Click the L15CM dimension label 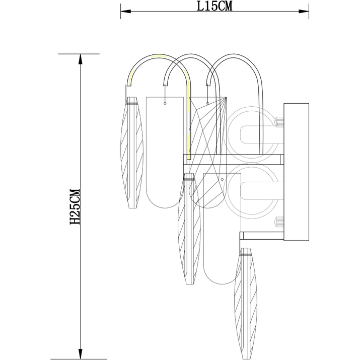point(214,6)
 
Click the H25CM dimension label point(75,206)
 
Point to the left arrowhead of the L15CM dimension point(126,11)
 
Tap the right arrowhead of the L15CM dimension point(304,11)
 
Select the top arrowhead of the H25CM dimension point(80,59)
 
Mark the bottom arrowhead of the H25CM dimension point(80,354)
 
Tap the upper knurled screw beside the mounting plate point(280,122)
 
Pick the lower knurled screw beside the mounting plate point(280,222)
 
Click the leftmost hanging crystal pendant point(132,153)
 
